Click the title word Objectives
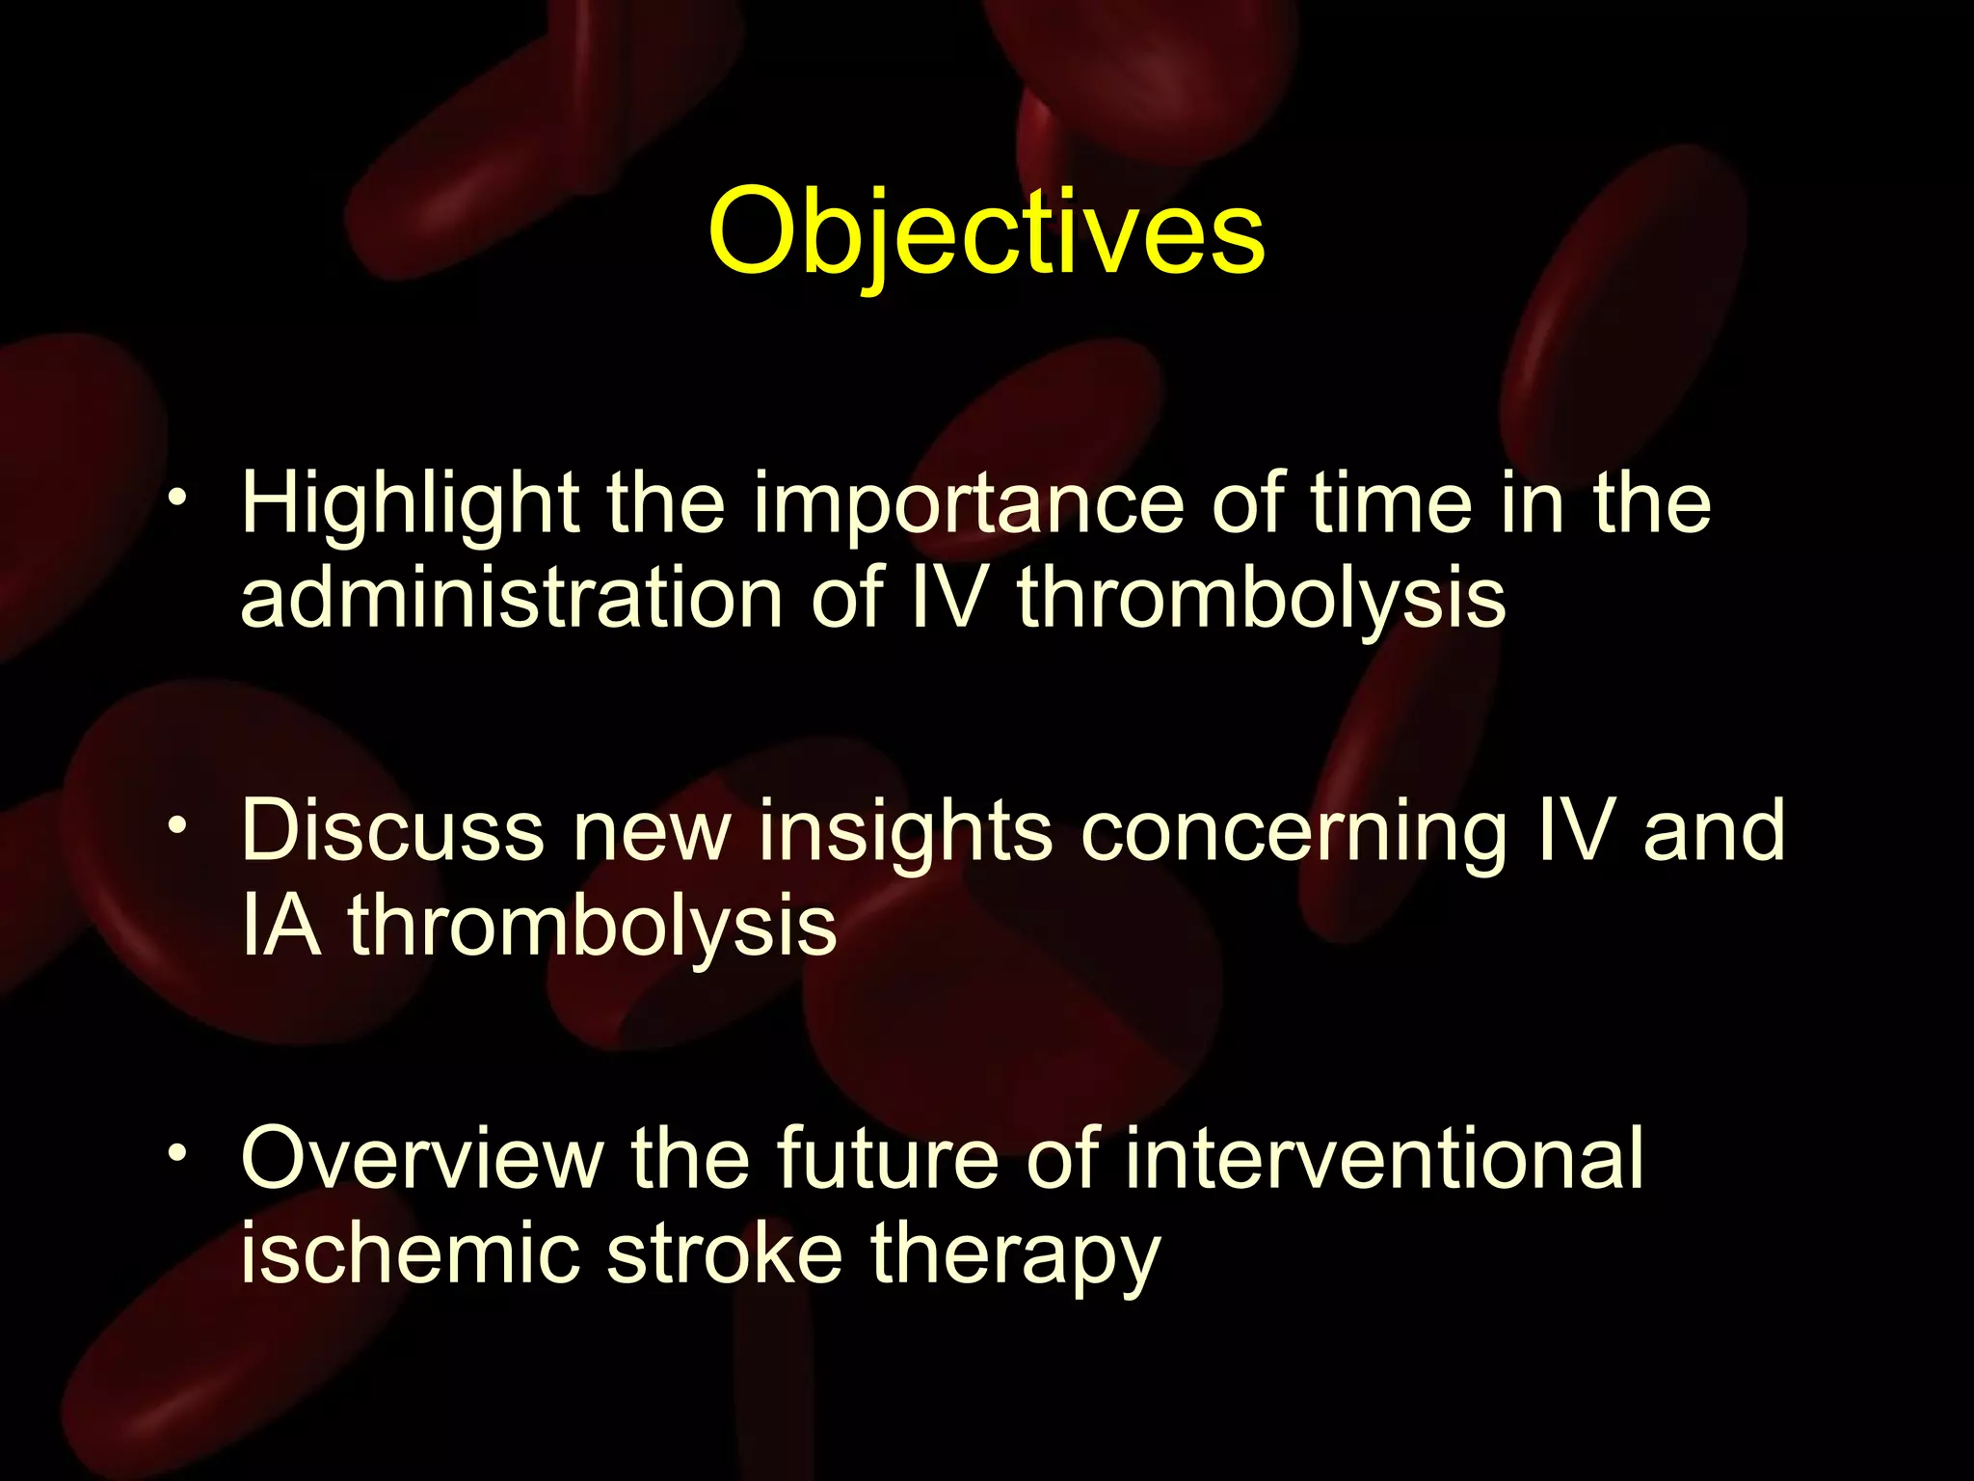986,234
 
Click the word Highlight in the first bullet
410,505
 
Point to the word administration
511,598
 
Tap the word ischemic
410,1253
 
